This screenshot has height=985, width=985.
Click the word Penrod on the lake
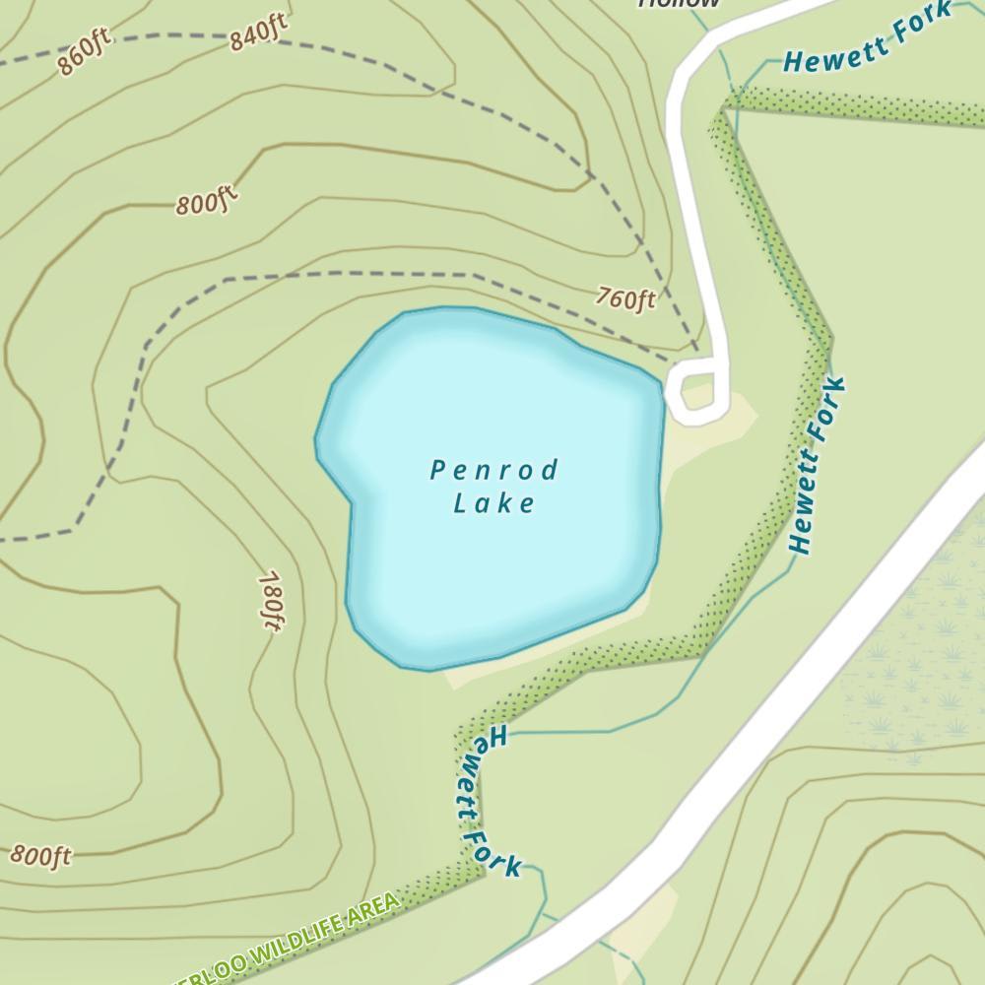[x=494, y=470]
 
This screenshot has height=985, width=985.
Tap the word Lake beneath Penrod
[x=494, y=504]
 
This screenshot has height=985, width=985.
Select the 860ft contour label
[x=85, y=53]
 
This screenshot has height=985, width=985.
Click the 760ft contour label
[x=625, y=297]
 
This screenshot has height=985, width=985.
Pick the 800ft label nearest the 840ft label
[x=208, y=203]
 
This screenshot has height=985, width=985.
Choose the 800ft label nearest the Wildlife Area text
[x=41, y=854]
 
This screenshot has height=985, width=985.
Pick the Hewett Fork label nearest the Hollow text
[x=867, y=39]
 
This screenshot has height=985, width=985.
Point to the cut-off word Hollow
[x=680, y=4]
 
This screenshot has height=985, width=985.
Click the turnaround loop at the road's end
[x=697, y=390]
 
